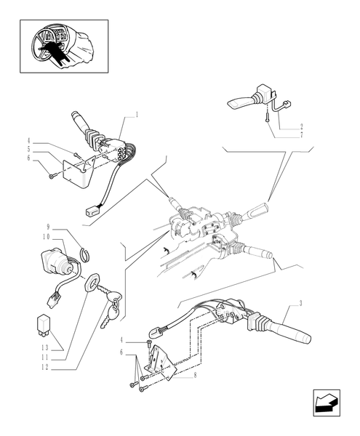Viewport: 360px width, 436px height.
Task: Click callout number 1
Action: (137, 115)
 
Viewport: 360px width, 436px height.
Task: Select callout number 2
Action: (301, 126)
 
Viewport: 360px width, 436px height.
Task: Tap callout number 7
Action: (301, 135)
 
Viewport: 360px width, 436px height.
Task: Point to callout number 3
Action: (300, 303)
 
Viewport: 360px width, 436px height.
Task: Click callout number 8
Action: (195, 376)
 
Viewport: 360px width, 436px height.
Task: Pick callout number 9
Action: (48, 227)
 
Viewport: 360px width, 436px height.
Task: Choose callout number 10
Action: (47, 237)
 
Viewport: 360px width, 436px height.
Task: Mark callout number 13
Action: (45, 347)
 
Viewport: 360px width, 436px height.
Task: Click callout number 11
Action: (45, 358)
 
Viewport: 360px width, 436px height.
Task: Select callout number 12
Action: (45, 367)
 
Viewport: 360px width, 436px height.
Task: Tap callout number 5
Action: (28, 149)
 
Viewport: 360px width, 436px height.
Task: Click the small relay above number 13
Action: (43, 325)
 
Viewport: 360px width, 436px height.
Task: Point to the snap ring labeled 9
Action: (87, 254)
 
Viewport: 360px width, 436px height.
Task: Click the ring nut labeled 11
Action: (91, 283)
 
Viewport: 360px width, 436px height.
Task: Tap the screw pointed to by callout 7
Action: (267, 116)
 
